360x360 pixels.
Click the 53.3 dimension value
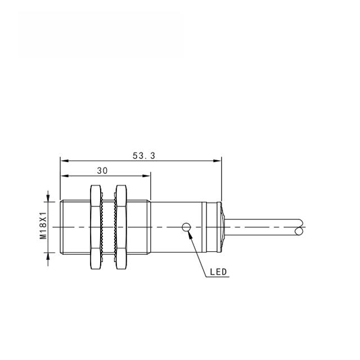pyautogui.click(x=144, y=156)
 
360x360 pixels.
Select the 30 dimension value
pyautogui.click(x=102, y=171)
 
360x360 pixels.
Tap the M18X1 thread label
pyautogui.click(x=43, y=226)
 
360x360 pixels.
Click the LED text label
pyautogui.click(x=218, y=272)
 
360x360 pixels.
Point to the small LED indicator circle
pyautogui.click(x=186, y=227)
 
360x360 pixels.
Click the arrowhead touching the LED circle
pyautogui.click(x=190, y=234)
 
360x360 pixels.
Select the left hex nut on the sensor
pyautogui.click(x=96, y=227)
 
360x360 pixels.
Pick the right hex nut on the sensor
pyautogui.click(x=121, y=227)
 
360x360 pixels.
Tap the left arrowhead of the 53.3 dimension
pyautogui.click(x=64, y=161)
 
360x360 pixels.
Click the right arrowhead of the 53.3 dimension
pyautogui.click(x=217, y=161)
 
